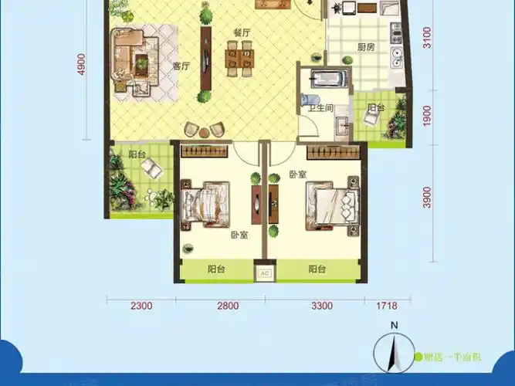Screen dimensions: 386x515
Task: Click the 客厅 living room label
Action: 181,66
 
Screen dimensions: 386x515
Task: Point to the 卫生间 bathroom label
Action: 320,108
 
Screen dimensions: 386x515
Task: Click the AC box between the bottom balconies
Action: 263,273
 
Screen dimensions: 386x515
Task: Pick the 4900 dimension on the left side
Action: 80,61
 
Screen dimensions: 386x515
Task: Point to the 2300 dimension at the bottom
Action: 141,306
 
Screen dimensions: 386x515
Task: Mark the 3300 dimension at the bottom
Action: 322,306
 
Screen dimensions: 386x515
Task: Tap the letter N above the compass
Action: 393,325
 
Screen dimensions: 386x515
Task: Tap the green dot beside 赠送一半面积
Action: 418,357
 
